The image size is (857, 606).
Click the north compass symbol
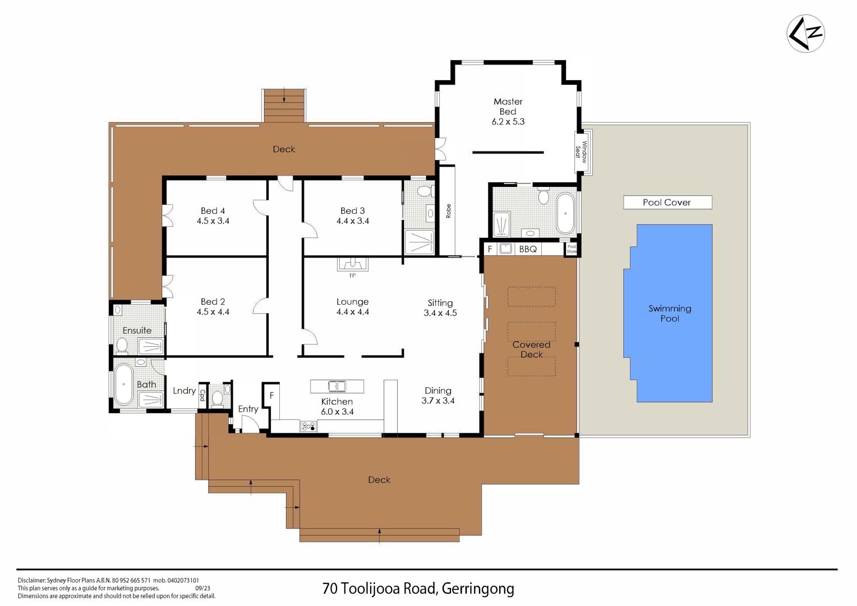coord(805,34)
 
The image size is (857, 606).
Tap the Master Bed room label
coord(508,107)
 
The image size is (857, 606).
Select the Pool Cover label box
coord(667,202)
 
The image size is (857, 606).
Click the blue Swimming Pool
coord(668,313)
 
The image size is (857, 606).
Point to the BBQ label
coord(528,249)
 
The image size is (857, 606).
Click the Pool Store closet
coord(571,249)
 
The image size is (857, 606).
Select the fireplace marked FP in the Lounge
coord(352,264)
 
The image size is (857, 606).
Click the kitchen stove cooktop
coord(308,426)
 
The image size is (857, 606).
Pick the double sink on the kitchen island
coord(337,386)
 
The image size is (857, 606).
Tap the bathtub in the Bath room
coord(123,384)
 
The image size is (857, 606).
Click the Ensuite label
coord(137,330)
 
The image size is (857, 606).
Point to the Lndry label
coord(184,391)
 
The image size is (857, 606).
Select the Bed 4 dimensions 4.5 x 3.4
coord(213,221)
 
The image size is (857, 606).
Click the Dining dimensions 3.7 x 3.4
coord(437,401)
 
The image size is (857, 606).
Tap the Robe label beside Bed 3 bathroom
coord(448,211)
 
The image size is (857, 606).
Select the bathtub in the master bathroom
coord(565,213)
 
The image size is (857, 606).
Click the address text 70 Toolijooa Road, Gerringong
coord(418,589)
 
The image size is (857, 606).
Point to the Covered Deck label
coord(531,350)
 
